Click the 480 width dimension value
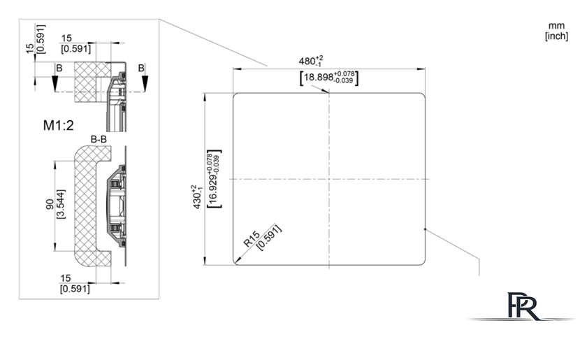[307, 61]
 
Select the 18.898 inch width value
[318, 78]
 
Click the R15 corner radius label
[251, 239]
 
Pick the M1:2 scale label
[59, 126]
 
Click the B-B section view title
[99, 139]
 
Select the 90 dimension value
[50, 204]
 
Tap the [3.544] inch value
[60, 204]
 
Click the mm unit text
[556, 26]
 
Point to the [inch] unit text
[556, 36]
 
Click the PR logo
[523, 306]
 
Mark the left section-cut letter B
[59, 69]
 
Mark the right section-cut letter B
[141, 68]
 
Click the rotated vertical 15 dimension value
[30, 48]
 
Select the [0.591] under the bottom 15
[75, 289]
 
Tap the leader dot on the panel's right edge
[426, 229]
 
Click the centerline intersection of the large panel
[329, 179]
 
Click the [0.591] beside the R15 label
[269, 238]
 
